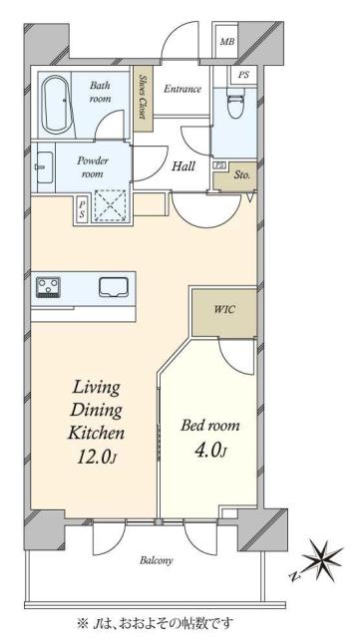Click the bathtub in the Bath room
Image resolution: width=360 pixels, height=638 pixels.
(x=56, y=105)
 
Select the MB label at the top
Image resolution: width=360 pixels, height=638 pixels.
(x=227, y=42)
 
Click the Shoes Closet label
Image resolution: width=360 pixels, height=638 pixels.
(x=143, y=97)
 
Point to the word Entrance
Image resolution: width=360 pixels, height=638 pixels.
(x=182, y=89)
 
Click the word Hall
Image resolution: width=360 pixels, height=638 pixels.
(x=183, y=166)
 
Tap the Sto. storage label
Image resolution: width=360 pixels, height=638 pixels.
(x=242, y=175)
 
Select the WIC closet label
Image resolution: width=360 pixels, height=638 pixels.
(x=224, y=309)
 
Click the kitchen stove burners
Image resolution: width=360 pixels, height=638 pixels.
(x=49, y=287)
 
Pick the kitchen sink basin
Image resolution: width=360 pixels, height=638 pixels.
(x=114, y=287)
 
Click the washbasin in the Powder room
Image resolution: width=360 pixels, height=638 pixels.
(x=44, y=166)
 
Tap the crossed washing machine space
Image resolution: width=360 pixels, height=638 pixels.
(x=111, y=205)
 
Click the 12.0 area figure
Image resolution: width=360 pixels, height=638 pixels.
(x=98, y=458)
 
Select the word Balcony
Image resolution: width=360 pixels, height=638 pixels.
(x=157, y=560)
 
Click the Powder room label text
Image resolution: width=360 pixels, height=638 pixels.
(x=93, y=167)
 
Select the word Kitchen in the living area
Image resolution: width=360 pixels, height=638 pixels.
(x=96, y=433)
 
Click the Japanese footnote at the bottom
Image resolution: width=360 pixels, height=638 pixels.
(x=156, y=623)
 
